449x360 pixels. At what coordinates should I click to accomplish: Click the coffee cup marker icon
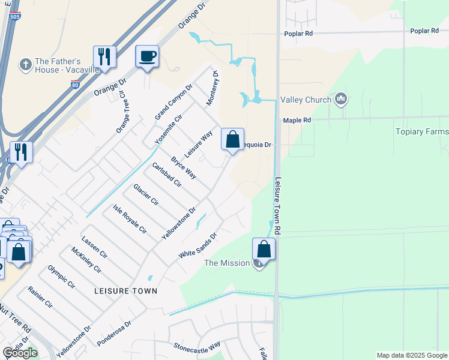click(x=147, y=57)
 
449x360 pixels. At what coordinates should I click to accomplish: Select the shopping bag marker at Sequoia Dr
click(x=232, y=140)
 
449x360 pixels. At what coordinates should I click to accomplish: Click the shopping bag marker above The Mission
click(x=264, y=249)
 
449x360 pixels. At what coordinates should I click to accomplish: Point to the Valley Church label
click(x=307, y=99)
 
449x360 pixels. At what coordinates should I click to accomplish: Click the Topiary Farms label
click(x=422, y=131)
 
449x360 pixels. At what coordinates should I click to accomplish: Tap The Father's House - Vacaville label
click(x=58, y=65)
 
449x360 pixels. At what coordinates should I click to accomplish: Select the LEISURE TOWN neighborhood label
click(x=126, y=291)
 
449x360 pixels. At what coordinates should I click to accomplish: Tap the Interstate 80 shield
click(x=74, y=68)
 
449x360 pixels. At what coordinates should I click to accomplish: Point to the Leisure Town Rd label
click(x=277, y=204)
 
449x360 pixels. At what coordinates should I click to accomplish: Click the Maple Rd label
click(x=297, y=120)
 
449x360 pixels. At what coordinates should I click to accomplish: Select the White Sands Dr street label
click(x=197, y=246)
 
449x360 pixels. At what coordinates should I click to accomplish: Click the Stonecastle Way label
click(x=197, y=346)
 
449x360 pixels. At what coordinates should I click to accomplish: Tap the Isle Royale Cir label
click(x=130, y=218)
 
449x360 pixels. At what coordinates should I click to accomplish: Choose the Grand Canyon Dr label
click(x=174, y=102)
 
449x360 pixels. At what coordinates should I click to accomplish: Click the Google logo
click(x=20, y=353)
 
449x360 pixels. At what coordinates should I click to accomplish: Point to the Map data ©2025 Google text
click(x=411, y=355)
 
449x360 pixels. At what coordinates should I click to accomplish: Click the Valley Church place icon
click(x=341, y=98)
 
